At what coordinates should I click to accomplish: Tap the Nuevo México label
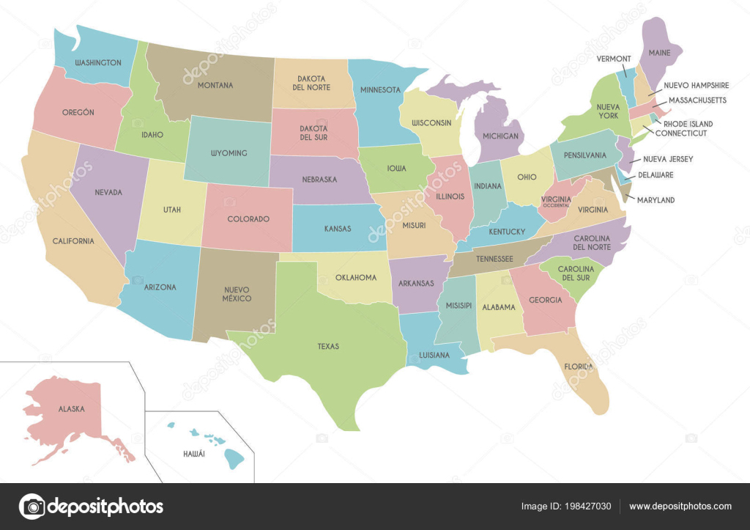coord(237,294)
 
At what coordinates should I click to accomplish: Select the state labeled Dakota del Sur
coord(313,133)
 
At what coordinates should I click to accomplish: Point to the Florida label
coord(579,365)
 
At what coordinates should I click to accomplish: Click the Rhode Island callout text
coord(688,124)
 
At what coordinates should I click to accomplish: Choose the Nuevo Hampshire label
coord(696,86)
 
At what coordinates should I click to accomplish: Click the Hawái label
coord(194,454)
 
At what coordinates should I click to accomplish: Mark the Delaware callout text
coord(656,175)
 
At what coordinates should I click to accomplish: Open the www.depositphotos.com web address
coord(680,506)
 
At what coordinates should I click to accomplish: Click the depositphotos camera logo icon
coord(31,506)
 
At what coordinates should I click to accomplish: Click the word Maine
coord(658,52)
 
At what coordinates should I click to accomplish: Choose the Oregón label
coord(78,112)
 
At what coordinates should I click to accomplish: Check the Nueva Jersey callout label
coord(668,159)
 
